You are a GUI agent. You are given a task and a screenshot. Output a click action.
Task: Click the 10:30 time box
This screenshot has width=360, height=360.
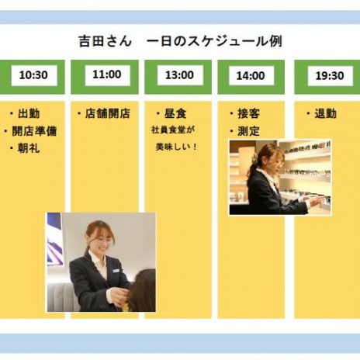coord(34,75)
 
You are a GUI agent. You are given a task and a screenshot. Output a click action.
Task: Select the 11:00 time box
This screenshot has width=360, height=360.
coord(107,75)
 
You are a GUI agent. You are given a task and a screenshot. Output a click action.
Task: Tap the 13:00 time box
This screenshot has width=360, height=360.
coord(180,75)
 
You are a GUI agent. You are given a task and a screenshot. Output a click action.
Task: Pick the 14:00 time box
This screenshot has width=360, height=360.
coord(251,75)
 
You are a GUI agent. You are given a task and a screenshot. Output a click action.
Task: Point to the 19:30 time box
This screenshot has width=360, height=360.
coord(330,75)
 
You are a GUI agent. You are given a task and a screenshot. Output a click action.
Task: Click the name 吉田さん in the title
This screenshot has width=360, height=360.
coord(105,41)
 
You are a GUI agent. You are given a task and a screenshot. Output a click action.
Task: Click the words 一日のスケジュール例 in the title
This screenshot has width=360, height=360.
coord(214,41)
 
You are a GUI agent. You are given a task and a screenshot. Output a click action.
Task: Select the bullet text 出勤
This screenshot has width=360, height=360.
coord(29,113)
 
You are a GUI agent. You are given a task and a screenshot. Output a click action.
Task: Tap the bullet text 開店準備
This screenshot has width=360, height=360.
coord(34,131)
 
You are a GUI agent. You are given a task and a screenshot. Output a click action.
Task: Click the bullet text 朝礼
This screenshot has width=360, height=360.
coord(29,148)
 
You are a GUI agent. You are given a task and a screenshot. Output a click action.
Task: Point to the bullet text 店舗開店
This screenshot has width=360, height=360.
coord(107,113)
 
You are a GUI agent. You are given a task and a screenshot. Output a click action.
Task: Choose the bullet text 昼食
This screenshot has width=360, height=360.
coord(175,113)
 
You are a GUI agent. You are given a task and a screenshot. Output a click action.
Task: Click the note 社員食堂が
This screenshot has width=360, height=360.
coord(173,130)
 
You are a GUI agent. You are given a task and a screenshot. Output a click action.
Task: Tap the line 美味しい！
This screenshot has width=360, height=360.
coord(176,147)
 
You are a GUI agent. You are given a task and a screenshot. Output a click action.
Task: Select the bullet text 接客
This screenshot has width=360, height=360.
coord(248,113)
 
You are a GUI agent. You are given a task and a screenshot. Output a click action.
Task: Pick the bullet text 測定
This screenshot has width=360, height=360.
coord(248,131)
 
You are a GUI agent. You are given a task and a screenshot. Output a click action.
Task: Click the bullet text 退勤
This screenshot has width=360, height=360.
coord(325,113)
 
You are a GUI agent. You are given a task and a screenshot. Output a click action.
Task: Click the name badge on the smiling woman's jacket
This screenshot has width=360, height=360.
coord(116,271)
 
